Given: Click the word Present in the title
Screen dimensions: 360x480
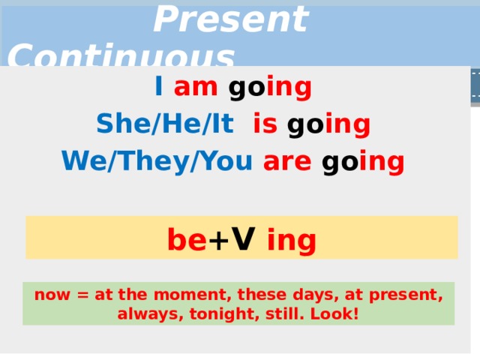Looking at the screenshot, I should (230, 19).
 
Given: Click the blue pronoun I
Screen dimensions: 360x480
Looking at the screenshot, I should (159, 88).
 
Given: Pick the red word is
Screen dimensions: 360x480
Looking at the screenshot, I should (265, 124).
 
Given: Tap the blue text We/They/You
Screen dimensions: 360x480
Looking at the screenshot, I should (157, 160).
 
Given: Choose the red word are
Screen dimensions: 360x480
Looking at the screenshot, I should (287, 160).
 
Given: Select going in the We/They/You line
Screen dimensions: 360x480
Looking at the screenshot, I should (363, 161).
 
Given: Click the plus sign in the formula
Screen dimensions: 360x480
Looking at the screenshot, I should (217, 241).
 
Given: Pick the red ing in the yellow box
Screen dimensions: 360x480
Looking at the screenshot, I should (291, 241).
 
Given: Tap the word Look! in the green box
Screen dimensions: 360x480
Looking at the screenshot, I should (332, 312).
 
